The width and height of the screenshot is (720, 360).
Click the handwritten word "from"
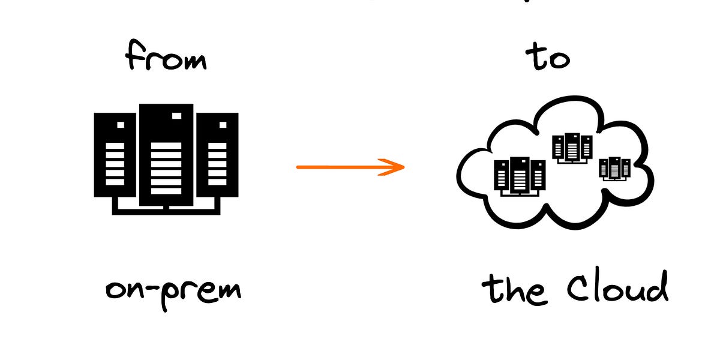pos(166,59)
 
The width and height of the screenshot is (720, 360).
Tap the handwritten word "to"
pos(547,58)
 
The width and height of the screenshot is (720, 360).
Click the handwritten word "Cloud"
pos(618,288)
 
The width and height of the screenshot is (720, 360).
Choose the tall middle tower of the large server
pos(166,154)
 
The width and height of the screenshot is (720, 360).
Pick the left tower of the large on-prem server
pos(115,155)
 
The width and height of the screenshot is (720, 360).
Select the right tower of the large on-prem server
pos(217,155)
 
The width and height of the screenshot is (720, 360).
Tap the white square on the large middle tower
pos(176,116)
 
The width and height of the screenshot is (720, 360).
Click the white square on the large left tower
pos(121,125)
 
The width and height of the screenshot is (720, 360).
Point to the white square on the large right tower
pos(223,125)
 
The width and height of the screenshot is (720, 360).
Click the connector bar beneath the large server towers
pos(166,210)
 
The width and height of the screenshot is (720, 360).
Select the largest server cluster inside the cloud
pos(520,175)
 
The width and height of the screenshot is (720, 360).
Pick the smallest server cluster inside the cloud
pos(615,168)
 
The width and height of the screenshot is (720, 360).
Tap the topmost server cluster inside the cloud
pos(572,148)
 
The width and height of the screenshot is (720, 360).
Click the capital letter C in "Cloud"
pos(577,288)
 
